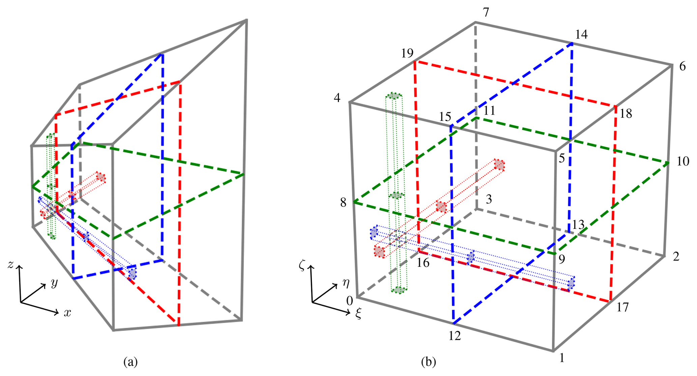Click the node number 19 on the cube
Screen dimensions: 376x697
[x=407, y=53]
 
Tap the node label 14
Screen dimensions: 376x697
[x=581, y=34]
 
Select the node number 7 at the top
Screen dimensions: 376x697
[x=486, y=12]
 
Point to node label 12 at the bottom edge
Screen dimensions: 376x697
[x=455, y=336]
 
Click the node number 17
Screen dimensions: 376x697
[x=622, y=307]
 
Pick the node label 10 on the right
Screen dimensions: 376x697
[x=683, y=162]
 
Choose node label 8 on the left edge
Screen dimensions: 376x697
[x=343, y=203]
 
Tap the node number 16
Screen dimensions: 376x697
[x=423, y=263]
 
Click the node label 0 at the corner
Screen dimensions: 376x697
[x=350, y=300]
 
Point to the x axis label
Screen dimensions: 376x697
[x=68, y=313]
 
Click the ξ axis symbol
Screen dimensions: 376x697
[x=358, y=314]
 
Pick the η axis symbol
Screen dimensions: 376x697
[x=346, y=283]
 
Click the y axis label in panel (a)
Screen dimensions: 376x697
[x=54, y=283]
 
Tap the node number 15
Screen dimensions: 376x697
[x=445, y=117]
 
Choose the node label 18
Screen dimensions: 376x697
[x=626, y=114]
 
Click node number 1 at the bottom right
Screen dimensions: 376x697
[x=562, y=358]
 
